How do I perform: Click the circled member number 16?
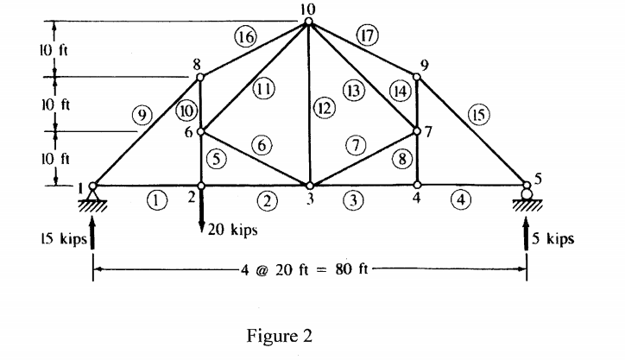point(245,36)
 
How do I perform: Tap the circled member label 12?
point(323,109)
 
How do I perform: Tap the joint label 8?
point(197,65)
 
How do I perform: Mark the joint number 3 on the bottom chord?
point(310,198)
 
